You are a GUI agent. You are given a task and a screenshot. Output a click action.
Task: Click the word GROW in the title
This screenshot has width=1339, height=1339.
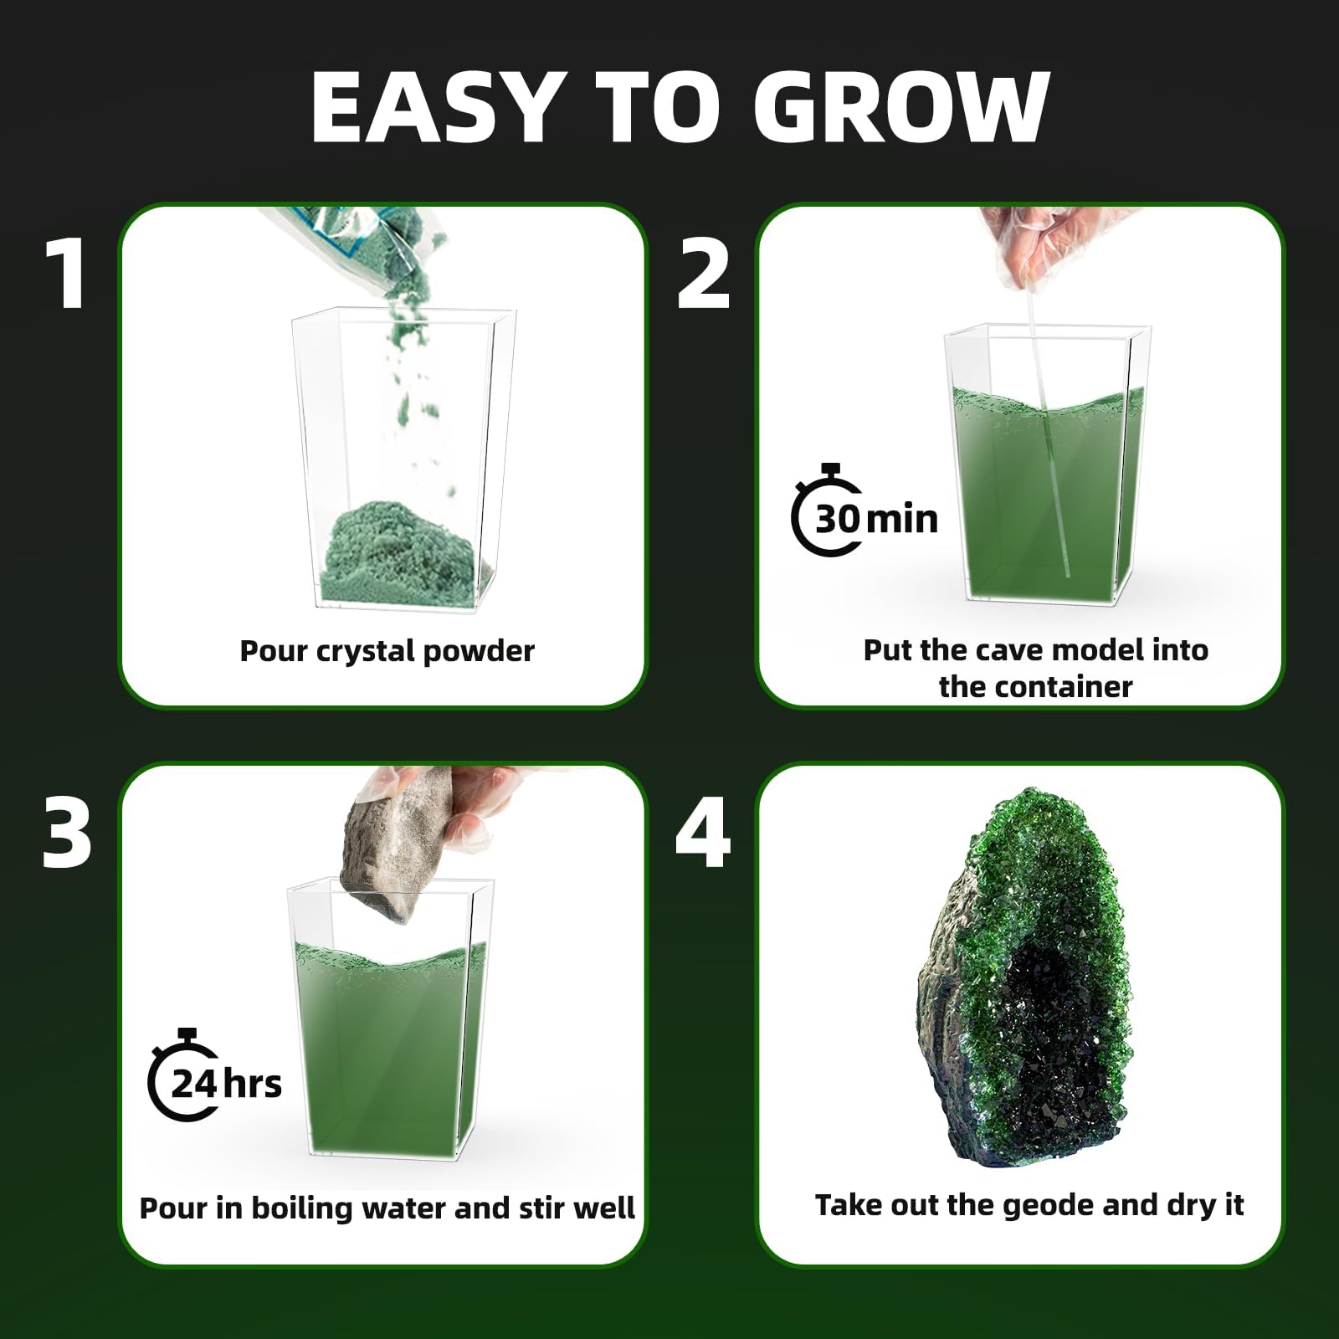[x=901, y=107]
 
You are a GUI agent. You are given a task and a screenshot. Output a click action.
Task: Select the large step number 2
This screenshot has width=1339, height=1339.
[x=703, y=274]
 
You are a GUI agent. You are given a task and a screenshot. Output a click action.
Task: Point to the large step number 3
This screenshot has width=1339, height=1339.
[x=67, y=833]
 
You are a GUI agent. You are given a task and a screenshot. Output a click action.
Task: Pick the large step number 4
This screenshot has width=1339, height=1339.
[x=703, y=832]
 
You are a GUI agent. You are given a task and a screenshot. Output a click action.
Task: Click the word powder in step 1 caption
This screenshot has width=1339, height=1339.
[x=479, y=652]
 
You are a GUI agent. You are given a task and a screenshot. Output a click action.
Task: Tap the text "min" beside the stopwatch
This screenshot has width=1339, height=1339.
[x=902, y=520]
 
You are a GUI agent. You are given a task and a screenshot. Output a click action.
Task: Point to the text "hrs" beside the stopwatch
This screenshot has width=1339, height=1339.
[x=253, y=1085]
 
